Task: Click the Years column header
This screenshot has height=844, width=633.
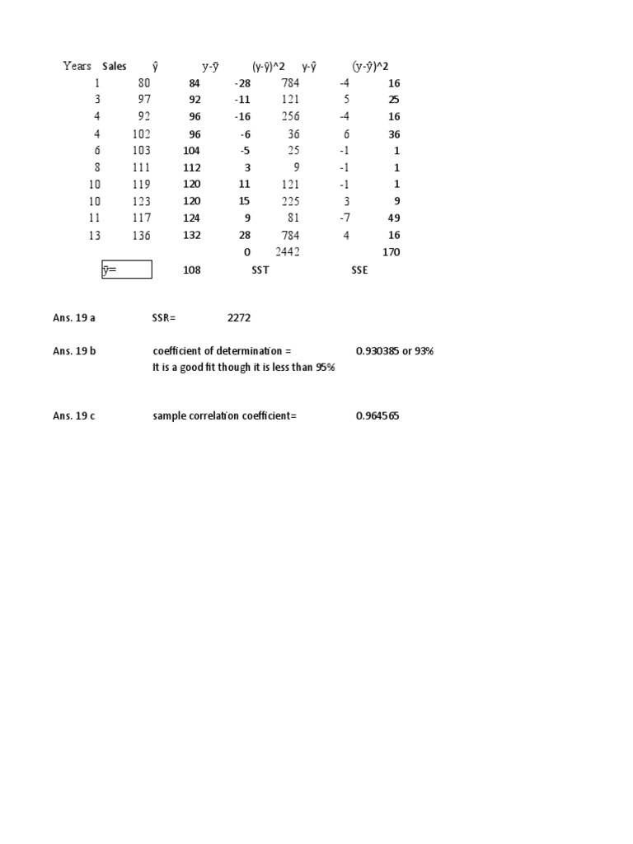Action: (77, 66)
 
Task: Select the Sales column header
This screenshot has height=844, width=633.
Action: (115, 66)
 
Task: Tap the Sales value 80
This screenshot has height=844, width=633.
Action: (143, 83)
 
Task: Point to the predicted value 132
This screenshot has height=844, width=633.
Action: (191, 235)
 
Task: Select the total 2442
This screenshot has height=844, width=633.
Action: (288, 252)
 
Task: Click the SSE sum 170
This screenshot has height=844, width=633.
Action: (391, 252)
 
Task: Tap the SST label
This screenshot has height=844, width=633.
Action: (260, 270)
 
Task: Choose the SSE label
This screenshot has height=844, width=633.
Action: (359, 270)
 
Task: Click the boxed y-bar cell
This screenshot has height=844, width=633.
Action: (127, 270)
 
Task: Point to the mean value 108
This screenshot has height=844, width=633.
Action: (191, 270)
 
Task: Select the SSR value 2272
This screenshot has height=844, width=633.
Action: (240, 317)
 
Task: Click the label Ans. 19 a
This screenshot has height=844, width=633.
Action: (74, 317)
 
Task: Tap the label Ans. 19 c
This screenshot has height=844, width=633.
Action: (74, 416)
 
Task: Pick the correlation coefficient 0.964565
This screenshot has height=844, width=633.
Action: (377, 416)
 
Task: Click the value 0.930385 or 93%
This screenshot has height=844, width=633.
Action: (395, 351)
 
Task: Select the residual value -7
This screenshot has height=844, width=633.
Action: (345, 218)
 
